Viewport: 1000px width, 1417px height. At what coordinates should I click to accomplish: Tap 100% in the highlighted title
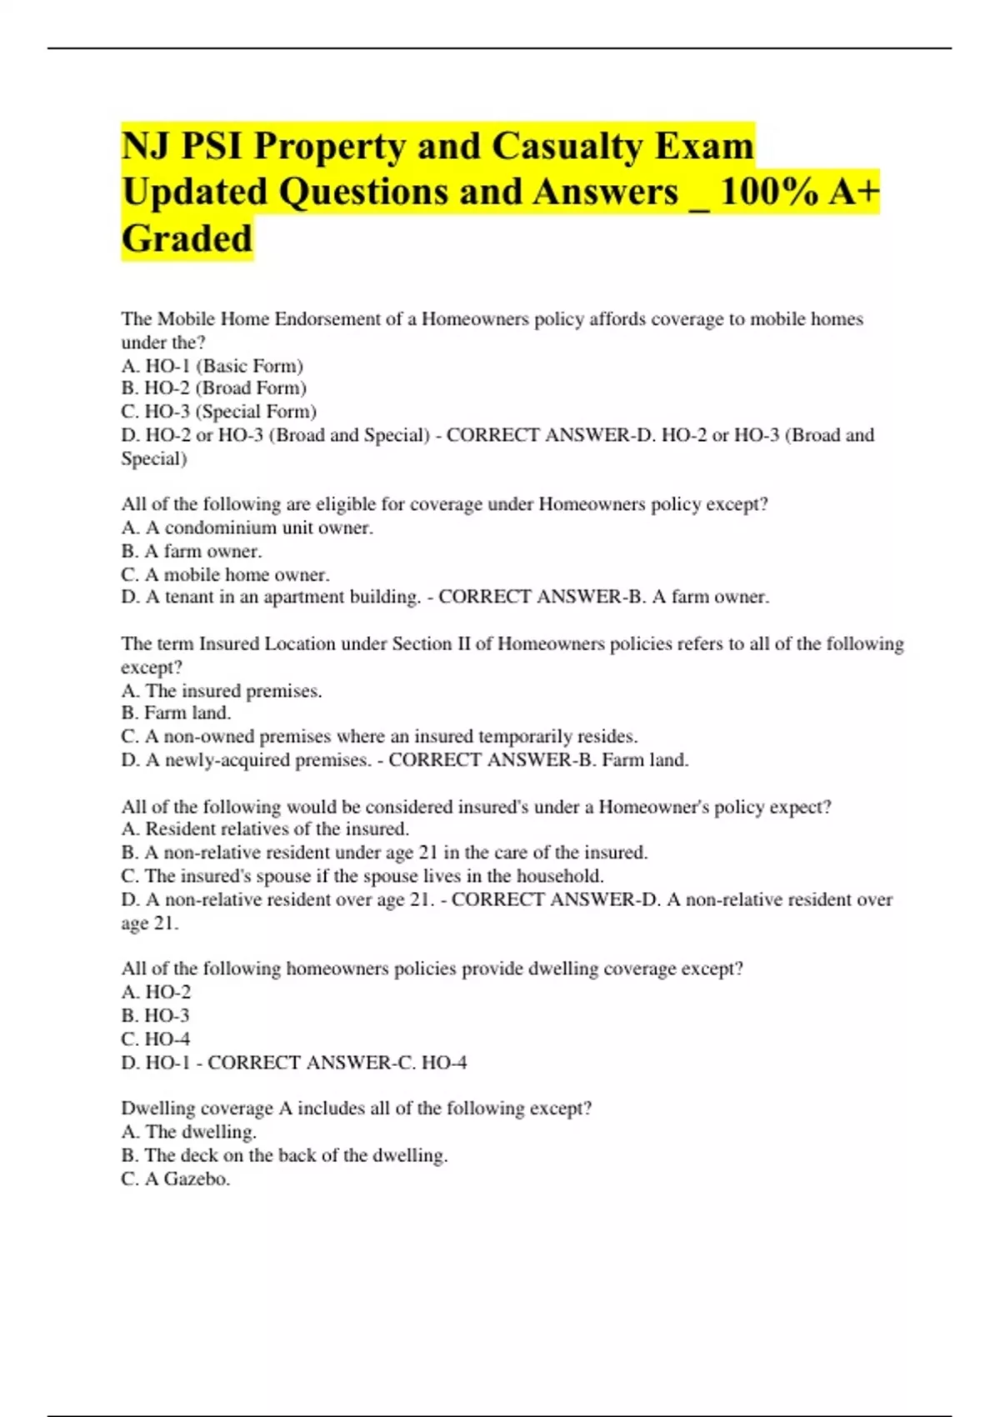coord(768,192)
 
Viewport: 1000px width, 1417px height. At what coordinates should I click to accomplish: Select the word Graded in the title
coord(187,238)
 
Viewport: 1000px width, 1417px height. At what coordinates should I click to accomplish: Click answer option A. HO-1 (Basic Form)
coord(212,365)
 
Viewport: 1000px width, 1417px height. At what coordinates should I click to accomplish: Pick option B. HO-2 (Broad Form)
coord(213,388)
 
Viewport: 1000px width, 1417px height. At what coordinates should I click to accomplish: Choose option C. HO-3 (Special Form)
coord(218,411)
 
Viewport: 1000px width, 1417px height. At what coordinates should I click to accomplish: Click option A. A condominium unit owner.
coord(247,528)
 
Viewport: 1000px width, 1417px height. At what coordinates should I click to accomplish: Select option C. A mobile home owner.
coord(225,574)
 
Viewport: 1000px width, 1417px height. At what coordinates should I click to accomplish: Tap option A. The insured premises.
coord(221,690)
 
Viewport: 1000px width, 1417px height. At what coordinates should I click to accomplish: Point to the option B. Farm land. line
coord(176,713)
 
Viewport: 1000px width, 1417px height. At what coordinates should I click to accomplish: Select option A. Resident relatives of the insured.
coord(265,829)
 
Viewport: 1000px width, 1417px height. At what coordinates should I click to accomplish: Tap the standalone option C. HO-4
coord(155,1039)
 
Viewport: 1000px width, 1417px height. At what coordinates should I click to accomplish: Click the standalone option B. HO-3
coord(155,1015)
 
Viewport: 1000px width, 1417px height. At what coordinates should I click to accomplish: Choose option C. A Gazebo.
coord(175,1179)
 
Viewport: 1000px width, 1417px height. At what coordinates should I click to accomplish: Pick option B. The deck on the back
coord(284,1155)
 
